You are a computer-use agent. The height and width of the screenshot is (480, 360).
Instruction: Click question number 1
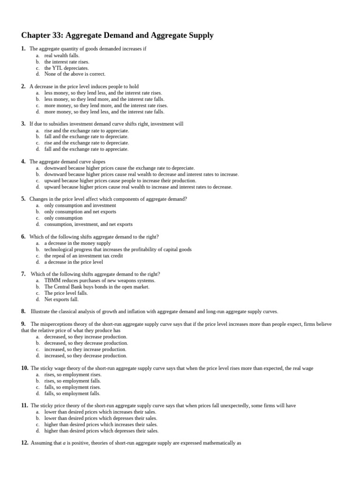tap(23, 49)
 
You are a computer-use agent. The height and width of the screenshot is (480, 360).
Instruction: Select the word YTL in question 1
tap(57, 68)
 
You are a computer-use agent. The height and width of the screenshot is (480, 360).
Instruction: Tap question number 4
tap(23, 162)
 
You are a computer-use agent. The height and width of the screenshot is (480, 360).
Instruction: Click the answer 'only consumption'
tap(63, 218)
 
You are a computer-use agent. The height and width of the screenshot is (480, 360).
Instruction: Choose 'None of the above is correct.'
tap(75, 74)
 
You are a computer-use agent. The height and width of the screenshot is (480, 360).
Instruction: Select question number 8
tap(23, 311)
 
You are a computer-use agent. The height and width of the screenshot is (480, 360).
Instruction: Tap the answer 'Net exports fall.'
tap(61, 299)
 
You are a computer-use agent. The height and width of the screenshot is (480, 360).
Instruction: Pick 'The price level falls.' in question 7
tap(66, 293)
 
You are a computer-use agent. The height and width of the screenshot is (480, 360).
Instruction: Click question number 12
tap(24, 442)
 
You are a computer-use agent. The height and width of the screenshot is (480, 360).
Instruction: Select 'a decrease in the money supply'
tap(77, 243)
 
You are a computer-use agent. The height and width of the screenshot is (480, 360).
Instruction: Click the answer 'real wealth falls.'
tap(62, 55)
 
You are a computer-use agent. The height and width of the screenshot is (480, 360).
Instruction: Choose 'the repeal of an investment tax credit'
tap(83, 256)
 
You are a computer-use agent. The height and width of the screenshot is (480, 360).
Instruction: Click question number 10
tap(24, 368)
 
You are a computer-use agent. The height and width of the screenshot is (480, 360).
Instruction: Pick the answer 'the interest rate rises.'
tap(67, 61)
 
